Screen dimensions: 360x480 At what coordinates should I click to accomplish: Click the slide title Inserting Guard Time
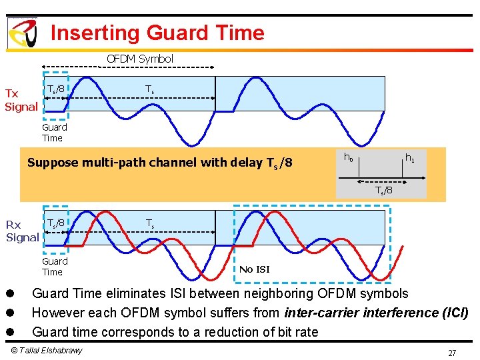coord(157,33)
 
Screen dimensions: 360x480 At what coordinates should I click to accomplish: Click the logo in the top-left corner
coord(22,33)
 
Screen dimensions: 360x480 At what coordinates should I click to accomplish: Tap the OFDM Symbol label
coord(140,59)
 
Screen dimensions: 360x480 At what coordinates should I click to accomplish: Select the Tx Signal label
coord(21,100)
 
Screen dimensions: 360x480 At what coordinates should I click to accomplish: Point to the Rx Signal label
coord(22,231)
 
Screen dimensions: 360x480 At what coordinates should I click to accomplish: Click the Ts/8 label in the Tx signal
coord(55,89)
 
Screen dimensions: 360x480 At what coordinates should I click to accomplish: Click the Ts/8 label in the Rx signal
coord(55,222)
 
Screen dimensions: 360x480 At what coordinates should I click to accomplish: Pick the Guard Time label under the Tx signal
coord(54,133)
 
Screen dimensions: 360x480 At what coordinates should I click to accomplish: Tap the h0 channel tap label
coord(348,158)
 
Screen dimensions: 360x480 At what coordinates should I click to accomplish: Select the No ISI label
coord(255,269)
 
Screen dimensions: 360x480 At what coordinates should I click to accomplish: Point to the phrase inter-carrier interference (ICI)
coord(376,313)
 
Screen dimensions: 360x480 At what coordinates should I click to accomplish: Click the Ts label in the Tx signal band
coord(151,89)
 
